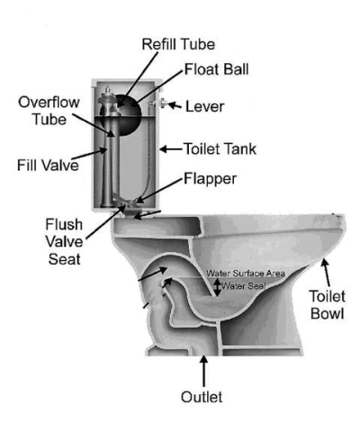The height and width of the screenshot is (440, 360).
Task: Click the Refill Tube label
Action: [178, 44]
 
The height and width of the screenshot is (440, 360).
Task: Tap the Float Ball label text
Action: [216, 69]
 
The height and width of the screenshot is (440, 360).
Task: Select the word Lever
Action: [204, 107]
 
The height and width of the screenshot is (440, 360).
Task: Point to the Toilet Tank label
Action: [220, 149]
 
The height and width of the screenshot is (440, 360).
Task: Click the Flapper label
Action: [210, 179]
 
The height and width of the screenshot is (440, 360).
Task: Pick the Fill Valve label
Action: [48, 166]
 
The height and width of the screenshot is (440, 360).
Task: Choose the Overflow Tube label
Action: [49, 111]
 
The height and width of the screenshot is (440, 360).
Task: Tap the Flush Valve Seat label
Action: [64, 242]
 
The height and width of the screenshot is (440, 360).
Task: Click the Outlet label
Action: [202, 397]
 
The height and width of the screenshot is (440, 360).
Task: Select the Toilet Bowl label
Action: [328, 305]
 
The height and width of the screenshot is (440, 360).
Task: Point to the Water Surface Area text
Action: [246, 274]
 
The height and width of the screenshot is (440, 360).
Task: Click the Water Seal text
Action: [244, 286]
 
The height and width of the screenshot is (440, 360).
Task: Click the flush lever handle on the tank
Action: [163, 103]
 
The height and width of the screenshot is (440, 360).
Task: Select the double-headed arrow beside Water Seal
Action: [218, 287]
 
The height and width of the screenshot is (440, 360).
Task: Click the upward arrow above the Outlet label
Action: [204, 371]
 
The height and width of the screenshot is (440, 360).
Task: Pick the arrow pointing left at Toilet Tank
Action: [171, 148]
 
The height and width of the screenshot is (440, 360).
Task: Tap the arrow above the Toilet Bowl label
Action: [326, 273]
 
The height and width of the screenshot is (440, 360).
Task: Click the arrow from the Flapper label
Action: [159, 190]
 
